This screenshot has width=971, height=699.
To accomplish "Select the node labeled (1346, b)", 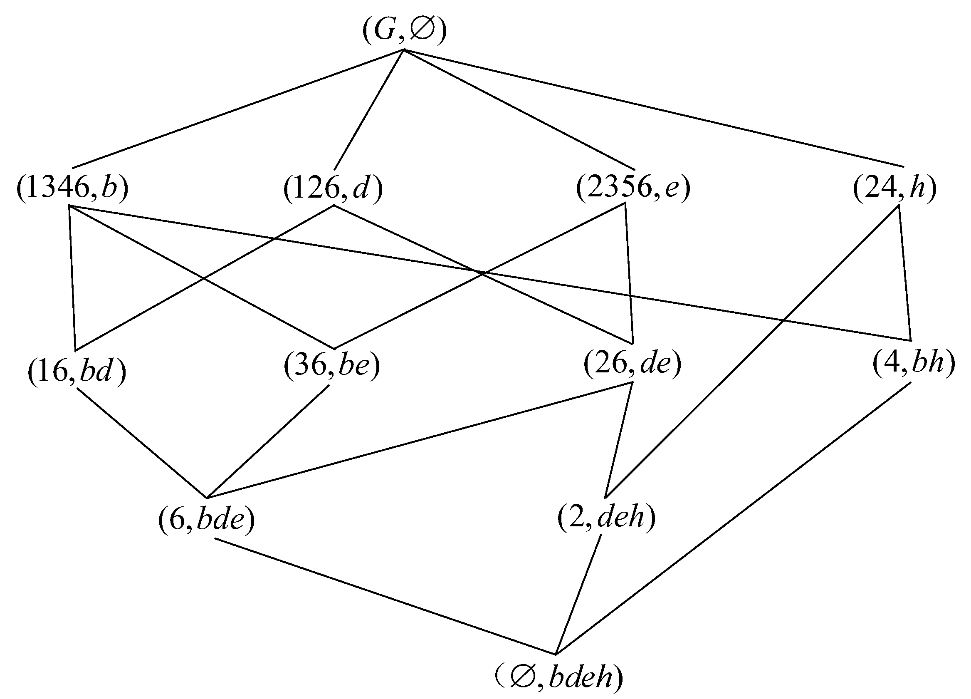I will (x=72, y=188).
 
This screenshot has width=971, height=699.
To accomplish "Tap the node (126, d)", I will (x=333, y=188).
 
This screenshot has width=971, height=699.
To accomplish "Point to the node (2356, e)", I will (x=633, y=188).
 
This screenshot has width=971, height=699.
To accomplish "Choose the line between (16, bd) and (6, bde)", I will (x=142, y=443).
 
